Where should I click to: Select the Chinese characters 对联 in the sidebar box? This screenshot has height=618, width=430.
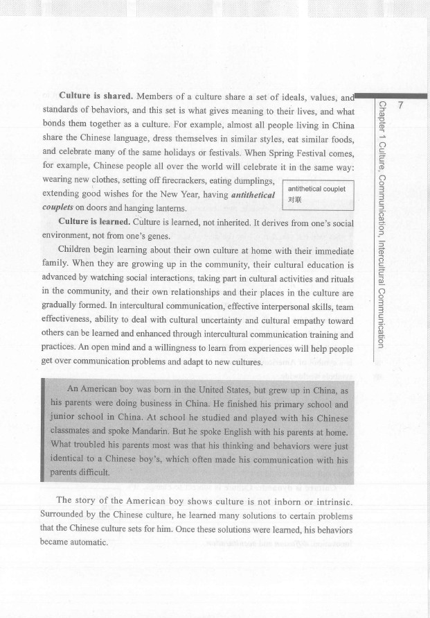click(295, 200)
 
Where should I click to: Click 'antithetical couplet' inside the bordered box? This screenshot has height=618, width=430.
click(316, 189)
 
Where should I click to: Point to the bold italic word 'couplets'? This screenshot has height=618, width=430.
click(58, 207)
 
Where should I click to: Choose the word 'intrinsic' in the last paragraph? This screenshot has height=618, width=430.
click(329, 501)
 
